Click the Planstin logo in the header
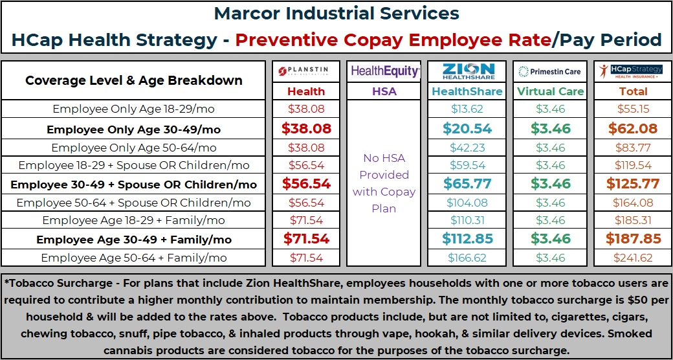[x=306, y=71]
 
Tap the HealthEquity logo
[x=385, y=71]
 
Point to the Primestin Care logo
[x=550, y=71]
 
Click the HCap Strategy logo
[x=630, y=71]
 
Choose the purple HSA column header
[x=384, y=91]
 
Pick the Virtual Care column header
[x=550, y=91]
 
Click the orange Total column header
[x=630, y=91]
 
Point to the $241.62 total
[x=630, y=258]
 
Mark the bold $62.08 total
[x=630, y=128]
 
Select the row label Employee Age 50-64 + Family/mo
[x=134, y=258]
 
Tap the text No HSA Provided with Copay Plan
[x=384, y=183]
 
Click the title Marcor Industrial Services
[x=336, y=14]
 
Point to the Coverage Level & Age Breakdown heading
[x=134, y=81]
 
